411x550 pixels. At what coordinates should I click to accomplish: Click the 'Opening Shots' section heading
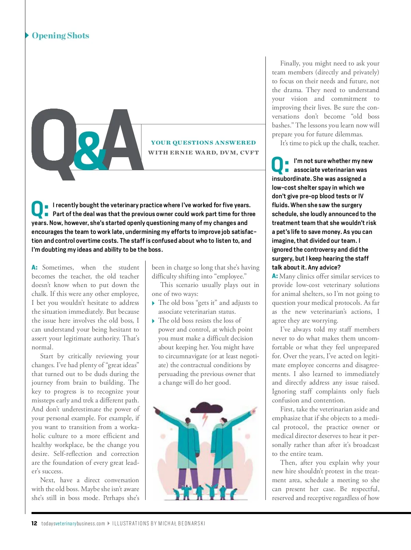point(60,36)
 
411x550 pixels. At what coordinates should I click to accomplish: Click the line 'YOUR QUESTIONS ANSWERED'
point(203,142)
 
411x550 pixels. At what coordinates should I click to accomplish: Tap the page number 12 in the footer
point(34,523)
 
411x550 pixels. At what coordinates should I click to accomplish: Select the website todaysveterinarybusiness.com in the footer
point(73,523)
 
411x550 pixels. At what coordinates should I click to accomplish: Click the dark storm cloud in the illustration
point(207,409)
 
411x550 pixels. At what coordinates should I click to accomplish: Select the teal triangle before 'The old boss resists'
point(153,321)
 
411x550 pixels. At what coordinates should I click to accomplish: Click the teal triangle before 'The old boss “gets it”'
point(153,303)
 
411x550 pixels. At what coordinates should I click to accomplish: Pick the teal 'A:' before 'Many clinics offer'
point(275,276)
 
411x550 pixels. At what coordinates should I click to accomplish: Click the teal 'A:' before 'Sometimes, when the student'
point(34,267)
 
